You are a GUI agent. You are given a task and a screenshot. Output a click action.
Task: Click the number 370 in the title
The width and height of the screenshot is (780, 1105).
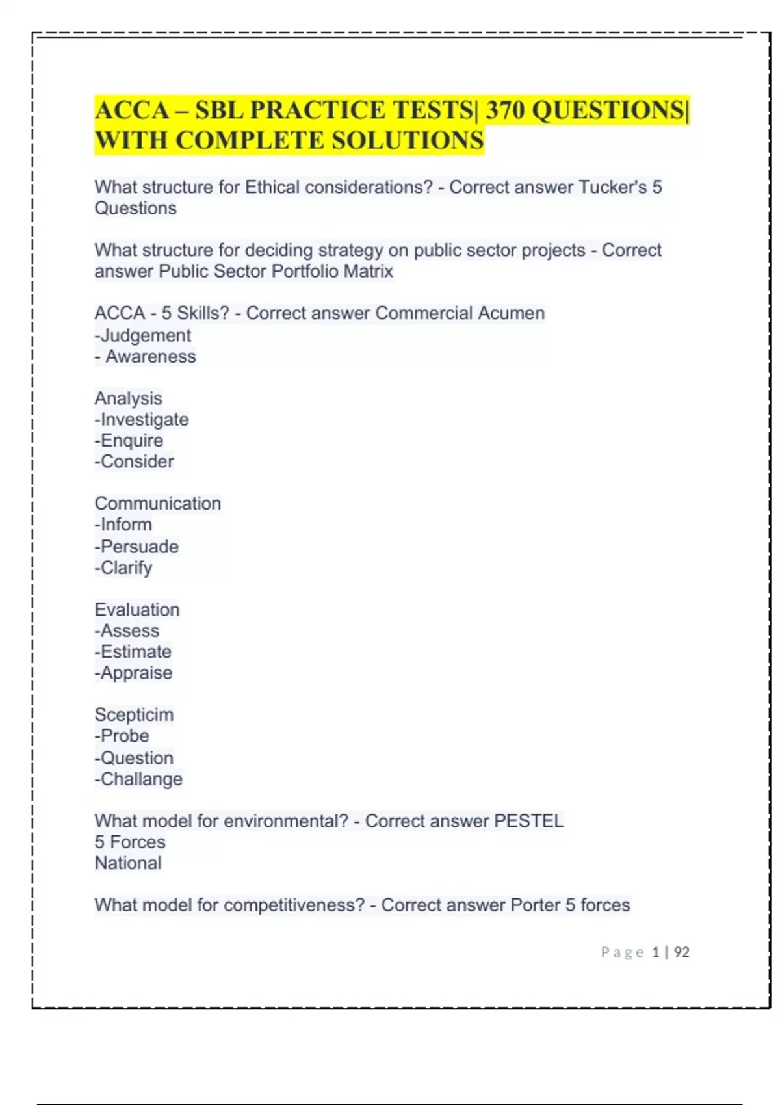pos(505,110)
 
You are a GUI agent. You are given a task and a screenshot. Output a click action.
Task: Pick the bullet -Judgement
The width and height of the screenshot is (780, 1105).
pos(143,335)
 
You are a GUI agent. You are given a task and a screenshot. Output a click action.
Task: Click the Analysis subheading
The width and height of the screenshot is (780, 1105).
pos(128,398)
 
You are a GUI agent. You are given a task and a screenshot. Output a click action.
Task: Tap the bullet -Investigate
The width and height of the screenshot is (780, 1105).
pos(142,420)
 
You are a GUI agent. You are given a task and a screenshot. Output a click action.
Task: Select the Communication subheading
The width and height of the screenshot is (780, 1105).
pos(158,504)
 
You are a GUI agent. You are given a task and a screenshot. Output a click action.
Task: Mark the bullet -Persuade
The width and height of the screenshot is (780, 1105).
pos(136,547)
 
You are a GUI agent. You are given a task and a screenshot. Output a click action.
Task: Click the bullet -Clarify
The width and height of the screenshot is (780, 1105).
pos(123,568)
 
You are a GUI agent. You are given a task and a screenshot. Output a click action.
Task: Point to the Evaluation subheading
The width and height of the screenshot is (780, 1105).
pos(137,610)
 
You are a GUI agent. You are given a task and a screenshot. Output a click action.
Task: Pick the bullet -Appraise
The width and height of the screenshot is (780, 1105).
pos(133,673)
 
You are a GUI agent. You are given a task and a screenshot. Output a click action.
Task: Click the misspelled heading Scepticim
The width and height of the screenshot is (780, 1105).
pos(134,715)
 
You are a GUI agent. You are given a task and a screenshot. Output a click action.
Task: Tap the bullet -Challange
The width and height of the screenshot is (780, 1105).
pos(138,779)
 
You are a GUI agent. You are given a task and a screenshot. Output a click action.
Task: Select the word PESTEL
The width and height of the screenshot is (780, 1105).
pos(528,821)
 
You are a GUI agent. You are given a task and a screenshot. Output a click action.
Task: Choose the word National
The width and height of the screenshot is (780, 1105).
pos(128,863)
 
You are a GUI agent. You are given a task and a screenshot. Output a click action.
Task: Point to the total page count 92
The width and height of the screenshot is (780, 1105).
pos(681,952)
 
